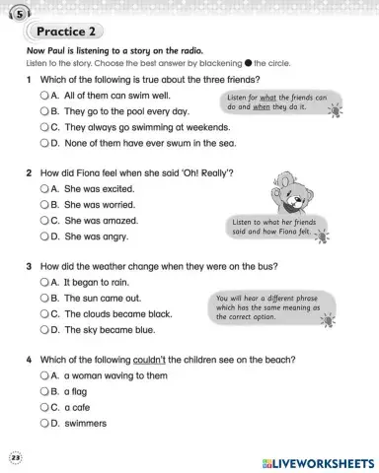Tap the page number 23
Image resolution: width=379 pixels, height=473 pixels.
[14, 457]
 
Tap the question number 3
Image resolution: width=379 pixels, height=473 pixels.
[31, 266]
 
